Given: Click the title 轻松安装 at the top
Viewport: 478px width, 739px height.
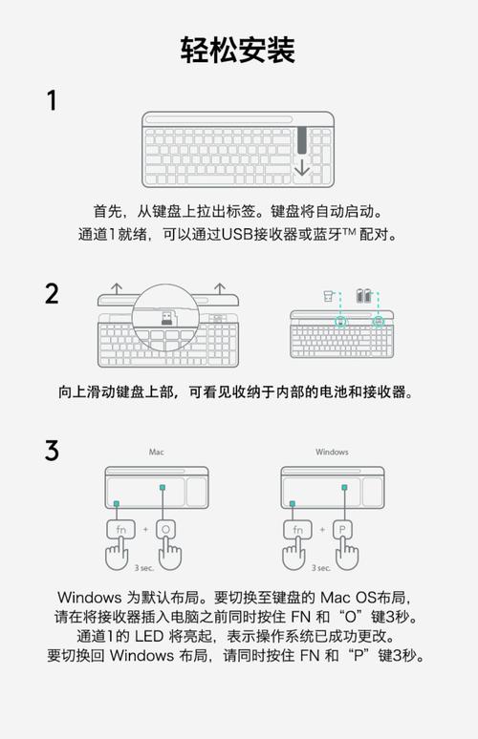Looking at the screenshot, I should click(x=238, y=49).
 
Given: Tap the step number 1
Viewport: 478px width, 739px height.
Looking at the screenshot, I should click(x=52, y=100).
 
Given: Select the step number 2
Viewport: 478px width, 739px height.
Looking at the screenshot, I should click(x=52, y=293).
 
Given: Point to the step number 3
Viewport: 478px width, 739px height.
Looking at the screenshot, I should click(x=52, y=450).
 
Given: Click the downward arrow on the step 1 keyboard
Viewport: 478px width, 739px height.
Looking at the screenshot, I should click(x=302, y=168).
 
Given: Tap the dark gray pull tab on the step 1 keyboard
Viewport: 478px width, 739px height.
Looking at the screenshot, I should click(x=302, y=139).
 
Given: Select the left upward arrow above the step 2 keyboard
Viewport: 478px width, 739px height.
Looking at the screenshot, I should click(x=116, y=285).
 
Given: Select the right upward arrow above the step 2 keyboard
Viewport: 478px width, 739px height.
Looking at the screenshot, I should click(x=219, y=285).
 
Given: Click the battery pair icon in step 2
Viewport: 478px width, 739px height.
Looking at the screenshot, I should click(x=363, y=296).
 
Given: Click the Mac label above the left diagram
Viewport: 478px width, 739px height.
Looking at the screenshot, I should click(x=156, y=452).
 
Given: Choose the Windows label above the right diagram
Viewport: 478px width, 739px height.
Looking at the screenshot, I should click(x=332, y=452).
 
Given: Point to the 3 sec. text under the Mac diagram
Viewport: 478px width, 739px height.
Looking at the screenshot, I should click(x=144, y=566).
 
